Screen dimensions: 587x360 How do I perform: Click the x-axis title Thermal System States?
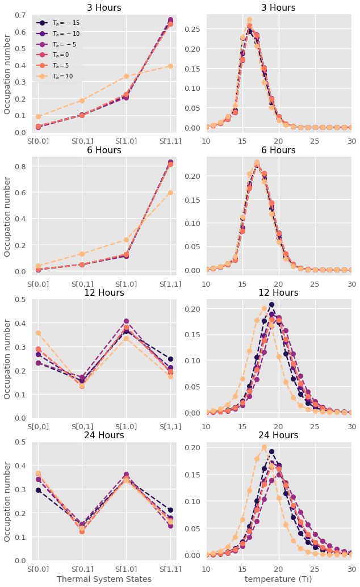tap(104, 578)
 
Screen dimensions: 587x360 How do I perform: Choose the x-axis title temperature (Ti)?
tap(278, 578)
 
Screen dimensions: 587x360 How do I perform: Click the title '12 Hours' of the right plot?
tap(278, 293)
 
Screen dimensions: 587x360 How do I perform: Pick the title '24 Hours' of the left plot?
tap(104, 435)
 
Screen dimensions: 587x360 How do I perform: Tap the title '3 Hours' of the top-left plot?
tap(104, 8)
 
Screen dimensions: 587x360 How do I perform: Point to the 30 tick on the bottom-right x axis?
tap(351, 568)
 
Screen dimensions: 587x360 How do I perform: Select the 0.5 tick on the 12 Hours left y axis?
tap(21, 299)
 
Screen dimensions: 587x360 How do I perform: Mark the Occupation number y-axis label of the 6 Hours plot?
tap(8, 216)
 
